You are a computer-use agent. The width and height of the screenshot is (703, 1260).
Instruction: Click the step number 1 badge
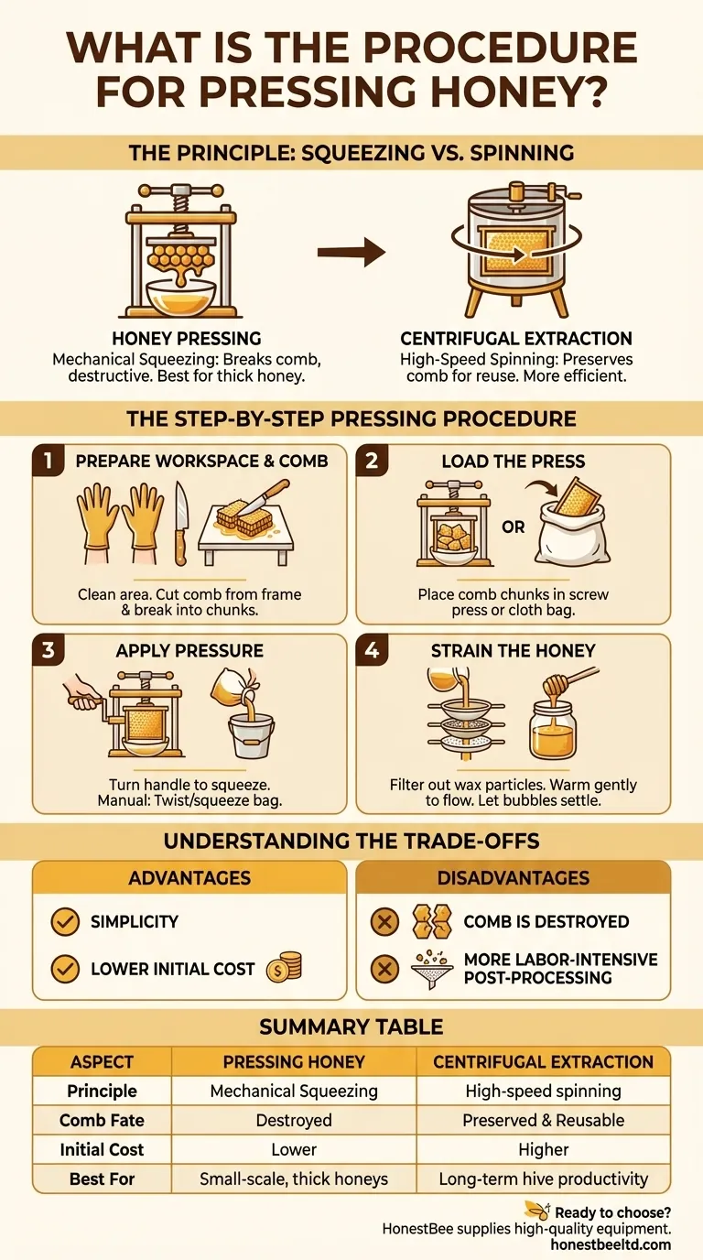(x=48, y=461)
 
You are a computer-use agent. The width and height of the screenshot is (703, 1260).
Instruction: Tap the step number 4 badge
(x=372, y=650)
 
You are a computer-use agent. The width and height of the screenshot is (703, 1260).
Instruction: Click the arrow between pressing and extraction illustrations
(x=351, y=252)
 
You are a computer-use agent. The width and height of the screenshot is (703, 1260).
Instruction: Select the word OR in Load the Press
(x=513, y=527)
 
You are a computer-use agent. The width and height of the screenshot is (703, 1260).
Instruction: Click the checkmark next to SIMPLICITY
(x=65, y=921)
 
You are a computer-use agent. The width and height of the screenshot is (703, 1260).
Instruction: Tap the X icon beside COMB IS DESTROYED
(x=384, y=921)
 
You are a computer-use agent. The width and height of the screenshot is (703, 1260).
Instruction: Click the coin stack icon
(x=284, y=967)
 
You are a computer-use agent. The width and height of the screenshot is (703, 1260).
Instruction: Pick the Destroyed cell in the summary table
(x=294, y=1120)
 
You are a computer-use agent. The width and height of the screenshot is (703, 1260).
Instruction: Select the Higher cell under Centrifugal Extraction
(x=544, y=1149)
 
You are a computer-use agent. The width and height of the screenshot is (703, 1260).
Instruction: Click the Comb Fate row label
(x=102, y=1120)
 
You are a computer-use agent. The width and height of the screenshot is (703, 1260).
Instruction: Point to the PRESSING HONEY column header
(x=294, y=1061)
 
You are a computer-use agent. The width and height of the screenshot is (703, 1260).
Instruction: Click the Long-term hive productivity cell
(x=544, y=1179)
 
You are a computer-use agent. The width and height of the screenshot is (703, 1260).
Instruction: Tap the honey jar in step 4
(x=553, y=730)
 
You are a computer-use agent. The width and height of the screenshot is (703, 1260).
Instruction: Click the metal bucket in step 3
(x=252, y=733)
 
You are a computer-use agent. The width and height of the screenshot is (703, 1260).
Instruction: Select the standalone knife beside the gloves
(x=180, y=523)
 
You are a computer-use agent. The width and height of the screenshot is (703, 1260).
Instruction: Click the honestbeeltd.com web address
(x=611, y=1244)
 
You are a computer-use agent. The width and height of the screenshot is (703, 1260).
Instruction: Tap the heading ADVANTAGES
(x=189, y=878)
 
